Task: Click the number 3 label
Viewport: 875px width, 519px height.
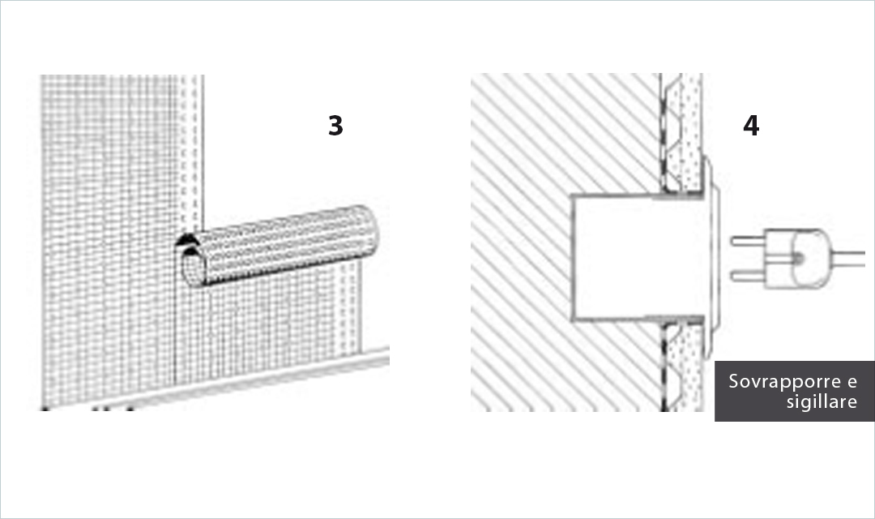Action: coord(335,126)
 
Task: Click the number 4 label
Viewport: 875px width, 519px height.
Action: coord(751,126)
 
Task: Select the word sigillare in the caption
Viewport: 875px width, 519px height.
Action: coord(822,401)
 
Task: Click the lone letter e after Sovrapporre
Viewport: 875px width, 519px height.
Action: coord(852,382)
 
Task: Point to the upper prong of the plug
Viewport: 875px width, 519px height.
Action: coord(749,242)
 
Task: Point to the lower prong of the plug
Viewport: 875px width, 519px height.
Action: coord(749,276)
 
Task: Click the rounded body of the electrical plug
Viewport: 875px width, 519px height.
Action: coord(798,259)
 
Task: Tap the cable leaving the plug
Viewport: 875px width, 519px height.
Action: coord(848,259)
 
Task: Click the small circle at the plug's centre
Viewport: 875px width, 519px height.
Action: coord(799,259)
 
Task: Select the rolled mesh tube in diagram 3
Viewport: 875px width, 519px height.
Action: coord(279,247)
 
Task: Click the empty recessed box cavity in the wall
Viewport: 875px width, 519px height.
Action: coord(614,258)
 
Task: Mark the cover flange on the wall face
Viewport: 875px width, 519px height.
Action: coord(711,258)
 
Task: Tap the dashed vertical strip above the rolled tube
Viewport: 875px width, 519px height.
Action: coord(191,153)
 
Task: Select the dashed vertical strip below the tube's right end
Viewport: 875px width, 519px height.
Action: coord(348,308)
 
